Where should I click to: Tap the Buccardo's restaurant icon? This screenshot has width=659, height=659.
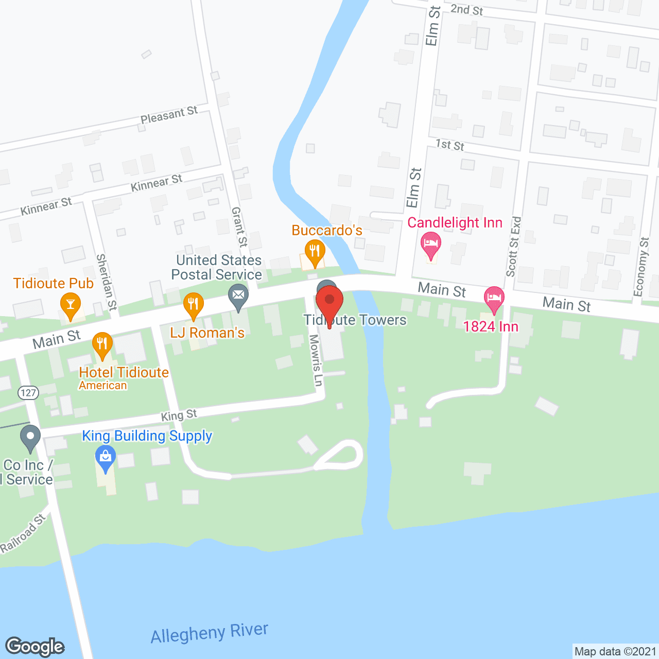coord(314,251)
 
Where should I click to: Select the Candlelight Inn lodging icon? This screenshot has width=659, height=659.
coord(430,244)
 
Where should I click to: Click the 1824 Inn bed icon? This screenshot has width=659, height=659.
coord(494,299)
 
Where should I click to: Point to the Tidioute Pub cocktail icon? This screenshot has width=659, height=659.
coord(71,305)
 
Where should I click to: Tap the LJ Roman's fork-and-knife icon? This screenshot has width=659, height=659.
coord(193,305)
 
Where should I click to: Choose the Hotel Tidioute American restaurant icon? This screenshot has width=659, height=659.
coord(102,344)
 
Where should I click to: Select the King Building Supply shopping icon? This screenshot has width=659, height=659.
coord(106,457)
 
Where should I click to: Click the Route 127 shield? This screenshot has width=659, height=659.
coord(28,393)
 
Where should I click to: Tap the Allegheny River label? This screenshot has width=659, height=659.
coord(210,633)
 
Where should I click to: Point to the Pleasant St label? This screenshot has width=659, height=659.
coord(169,115)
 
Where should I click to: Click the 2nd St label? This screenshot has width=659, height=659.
coord(466,9)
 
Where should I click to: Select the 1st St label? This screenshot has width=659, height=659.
coord(450,145)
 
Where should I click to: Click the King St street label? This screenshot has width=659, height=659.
coord(179,415)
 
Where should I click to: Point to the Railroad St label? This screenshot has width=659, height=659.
coord(23,533)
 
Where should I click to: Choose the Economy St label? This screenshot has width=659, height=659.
coord(641,267)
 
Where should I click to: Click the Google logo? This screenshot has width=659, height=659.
coord(35,646)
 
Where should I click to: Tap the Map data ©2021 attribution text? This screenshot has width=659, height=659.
coord(615,651)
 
